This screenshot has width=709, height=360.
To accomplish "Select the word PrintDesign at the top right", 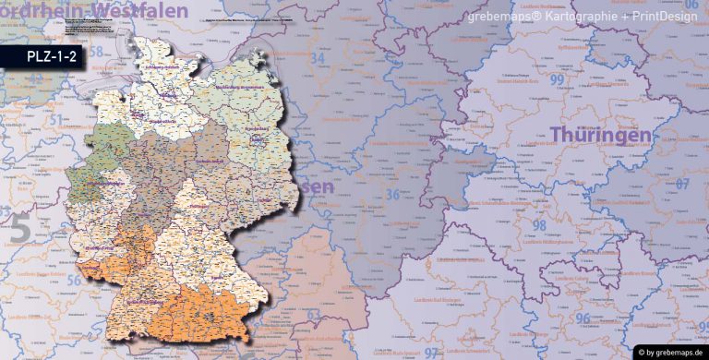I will pos(662,18).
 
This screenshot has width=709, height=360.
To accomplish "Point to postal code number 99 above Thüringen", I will pos(558,80).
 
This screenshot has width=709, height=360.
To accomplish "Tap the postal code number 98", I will pos(539,225).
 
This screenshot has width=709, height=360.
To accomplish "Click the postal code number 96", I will pos(583,318).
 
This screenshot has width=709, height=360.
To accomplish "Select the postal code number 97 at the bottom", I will pos(432,353).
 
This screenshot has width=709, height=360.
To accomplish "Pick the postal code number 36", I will pos(392,195).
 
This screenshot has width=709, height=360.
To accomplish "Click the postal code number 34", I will pos(319,59).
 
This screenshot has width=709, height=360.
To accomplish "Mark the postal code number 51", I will pos(56,119).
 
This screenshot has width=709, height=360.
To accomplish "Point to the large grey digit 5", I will pos(19,229).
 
